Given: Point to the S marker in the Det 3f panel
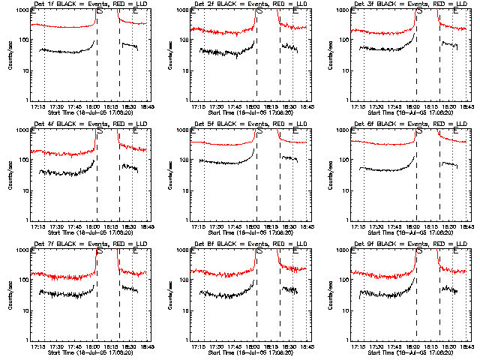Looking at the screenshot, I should (x=418, y=11).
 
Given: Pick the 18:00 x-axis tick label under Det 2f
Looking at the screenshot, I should (x=253, y=106).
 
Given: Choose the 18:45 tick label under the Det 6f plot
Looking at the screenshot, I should (x=465, y=226).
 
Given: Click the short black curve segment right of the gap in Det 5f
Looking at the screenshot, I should (x=289, y=158).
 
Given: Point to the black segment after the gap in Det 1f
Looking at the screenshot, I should (x=129, y=46).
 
